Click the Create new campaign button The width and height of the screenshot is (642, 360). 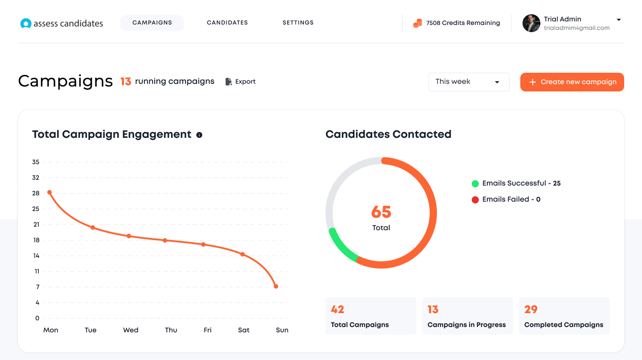click(572, 82)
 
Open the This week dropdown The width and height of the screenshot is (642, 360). click(469, 82)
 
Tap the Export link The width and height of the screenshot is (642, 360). click(240, 82)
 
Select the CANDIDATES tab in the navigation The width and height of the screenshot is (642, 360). click(227, 23)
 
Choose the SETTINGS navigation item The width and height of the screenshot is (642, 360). click(298, 23)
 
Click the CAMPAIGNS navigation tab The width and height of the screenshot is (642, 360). click(152, 23)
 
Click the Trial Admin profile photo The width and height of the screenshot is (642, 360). click(531, 23)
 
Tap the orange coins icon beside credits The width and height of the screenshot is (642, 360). click(418, 23)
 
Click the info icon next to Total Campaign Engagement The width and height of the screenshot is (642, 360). click(199, 135)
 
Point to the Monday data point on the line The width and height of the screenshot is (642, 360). click(49, 192)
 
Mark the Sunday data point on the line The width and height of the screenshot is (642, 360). click(276, 286)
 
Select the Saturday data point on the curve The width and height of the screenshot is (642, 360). click(243, 254)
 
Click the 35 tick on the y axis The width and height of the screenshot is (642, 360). click(36, 162)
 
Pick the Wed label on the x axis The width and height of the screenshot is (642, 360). click(131, 330)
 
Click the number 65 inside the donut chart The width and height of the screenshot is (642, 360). click(381, 212)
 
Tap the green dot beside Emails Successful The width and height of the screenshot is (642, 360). click(475, 184)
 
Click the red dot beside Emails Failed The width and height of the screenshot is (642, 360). click(475, 200)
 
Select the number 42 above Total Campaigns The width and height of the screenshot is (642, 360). click(337, 310)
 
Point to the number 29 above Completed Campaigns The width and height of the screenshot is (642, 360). click(531, 310)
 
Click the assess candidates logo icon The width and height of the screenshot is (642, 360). click(26, 24)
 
